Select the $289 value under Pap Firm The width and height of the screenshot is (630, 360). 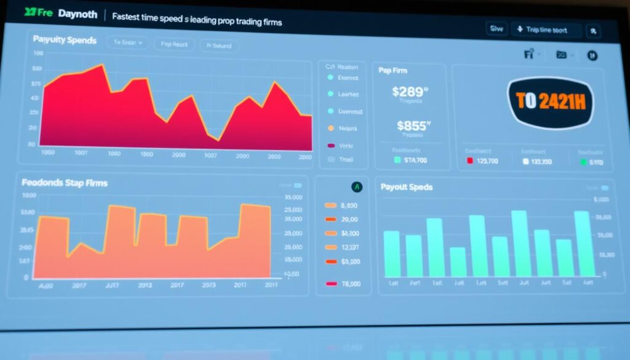click(410, 92)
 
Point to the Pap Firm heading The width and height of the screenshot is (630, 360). click(393, 71)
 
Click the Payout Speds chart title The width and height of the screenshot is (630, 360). click(406, 186)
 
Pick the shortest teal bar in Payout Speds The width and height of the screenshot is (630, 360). click(458, 262)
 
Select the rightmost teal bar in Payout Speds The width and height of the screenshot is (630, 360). click(583, 244)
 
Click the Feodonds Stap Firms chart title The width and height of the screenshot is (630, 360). click(65, 183)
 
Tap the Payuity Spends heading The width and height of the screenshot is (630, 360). click(65, 40)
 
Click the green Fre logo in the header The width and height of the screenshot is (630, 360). click(37, 13)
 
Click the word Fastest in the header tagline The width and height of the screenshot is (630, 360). click(127, 17)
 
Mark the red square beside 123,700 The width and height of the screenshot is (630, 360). click(469, 161)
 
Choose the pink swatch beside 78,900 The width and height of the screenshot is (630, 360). click(331, 284)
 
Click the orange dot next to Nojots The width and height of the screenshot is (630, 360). click(331, 129)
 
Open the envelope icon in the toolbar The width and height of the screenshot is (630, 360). click(561, 55)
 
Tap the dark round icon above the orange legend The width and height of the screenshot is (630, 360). click(356, 186)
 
